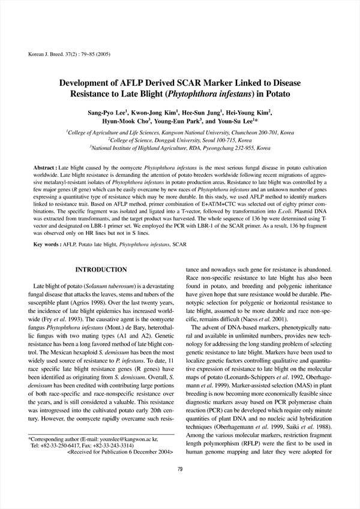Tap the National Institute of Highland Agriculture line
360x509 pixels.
coord(180,147)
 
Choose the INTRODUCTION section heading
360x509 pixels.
coord(101,270)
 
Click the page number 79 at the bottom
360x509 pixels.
coord(180,486)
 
